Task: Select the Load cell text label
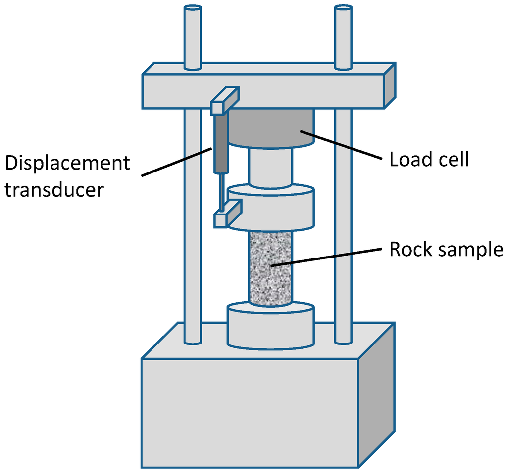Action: point(429,160)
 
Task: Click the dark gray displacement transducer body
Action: point(220,143)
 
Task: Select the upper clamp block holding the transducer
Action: point(225,100)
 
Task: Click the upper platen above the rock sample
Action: point(270,208)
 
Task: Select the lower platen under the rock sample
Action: point(270,326)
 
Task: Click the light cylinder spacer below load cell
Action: point(270,167)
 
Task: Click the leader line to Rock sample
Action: point(327,256)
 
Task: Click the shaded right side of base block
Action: point(376,395)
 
